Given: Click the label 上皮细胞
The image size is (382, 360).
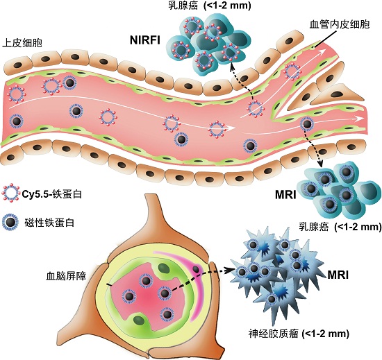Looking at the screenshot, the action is tap(22, 43).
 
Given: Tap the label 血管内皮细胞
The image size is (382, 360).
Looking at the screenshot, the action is tap(340, 24).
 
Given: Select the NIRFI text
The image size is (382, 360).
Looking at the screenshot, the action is tap(145, 40).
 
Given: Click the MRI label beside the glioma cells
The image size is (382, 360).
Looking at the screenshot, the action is tap(338, 275).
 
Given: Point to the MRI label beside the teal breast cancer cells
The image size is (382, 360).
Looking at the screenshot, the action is tap(285, 195).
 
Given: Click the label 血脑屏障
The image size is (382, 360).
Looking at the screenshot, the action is tap(66, 276).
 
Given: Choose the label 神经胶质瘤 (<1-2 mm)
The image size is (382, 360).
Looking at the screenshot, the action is tap(299, 333).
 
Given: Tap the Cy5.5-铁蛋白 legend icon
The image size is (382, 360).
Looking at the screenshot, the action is tap(10, 193).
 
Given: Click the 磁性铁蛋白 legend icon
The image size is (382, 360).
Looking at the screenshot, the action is tap(10, 223).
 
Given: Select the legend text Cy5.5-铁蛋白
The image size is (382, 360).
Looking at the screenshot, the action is tap(51, 194).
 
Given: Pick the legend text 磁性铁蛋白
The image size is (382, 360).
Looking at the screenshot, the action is tap(49, 223).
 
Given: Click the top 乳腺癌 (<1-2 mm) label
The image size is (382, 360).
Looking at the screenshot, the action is tap(209, 5).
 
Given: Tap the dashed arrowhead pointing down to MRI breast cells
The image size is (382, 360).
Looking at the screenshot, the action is tap(319, 164).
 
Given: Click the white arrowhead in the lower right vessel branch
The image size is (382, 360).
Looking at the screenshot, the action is tap(360, 119).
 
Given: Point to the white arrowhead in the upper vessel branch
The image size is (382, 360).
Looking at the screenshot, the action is tap(322, 51).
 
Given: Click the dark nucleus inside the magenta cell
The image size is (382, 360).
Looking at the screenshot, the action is tap(196, 269).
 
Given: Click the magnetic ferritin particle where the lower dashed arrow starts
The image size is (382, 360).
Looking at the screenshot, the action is tap(164, 293).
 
